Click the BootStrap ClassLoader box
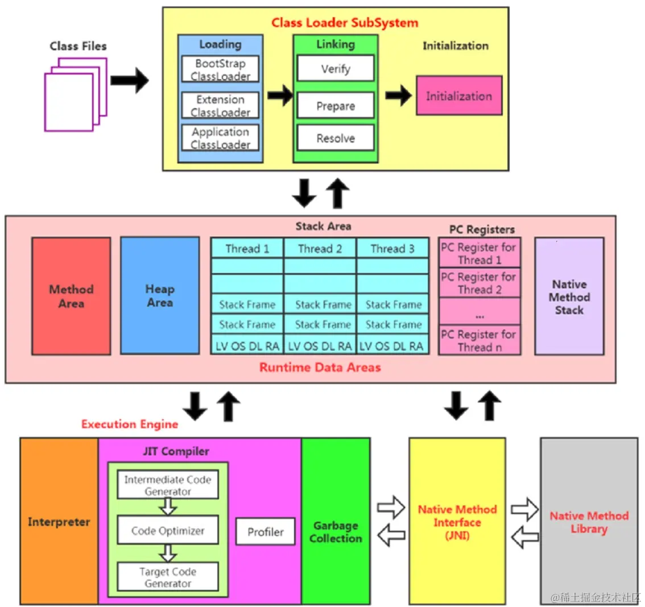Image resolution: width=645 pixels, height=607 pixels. coord(221,69)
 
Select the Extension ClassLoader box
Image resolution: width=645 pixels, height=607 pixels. coord(221,105)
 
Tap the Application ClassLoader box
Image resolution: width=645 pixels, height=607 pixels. coord(221,138)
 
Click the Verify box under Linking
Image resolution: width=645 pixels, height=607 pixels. coord(336,69)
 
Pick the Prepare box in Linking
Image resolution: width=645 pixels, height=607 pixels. coord(336,106)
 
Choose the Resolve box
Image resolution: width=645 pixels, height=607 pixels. coord(336,138)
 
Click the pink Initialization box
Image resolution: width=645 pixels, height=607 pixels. coord(459,96)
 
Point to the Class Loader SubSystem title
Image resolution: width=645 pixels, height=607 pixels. coord(345,23)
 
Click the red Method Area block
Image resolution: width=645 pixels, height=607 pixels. coord(71,296)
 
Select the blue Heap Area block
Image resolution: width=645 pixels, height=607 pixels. coord(160,296)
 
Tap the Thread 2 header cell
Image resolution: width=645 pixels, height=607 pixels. coord(320,249)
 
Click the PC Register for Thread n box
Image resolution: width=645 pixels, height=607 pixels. coord(479,341)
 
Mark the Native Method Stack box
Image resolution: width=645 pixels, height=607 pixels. coord(569,297)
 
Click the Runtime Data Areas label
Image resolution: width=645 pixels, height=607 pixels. coord(320,367)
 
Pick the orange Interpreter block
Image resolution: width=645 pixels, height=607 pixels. coord(59,522)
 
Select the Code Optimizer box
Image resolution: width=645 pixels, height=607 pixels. coord(168,531)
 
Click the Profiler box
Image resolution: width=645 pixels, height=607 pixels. coord(266,532)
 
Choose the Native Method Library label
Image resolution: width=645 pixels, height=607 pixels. coord(589,522)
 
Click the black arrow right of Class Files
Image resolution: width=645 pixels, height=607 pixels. coord(129,80)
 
